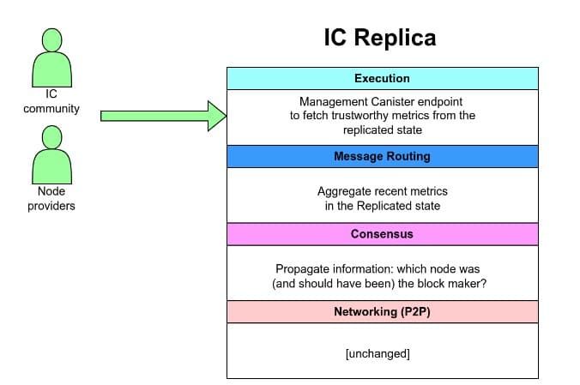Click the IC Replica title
point(380,38)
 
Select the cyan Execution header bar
point(383,78)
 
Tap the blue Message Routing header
point(383,156)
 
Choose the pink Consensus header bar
point(383,234)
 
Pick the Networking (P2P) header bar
point(383,312)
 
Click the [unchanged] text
point(378,353)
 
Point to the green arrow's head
point(217,116)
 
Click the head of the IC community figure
point(51,40)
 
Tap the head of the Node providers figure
point(51,137)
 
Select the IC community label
point(51,101)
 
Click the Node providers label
point(51,198)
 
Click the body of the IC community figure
point(51,69)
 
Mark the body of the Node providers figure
point(51,166)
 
